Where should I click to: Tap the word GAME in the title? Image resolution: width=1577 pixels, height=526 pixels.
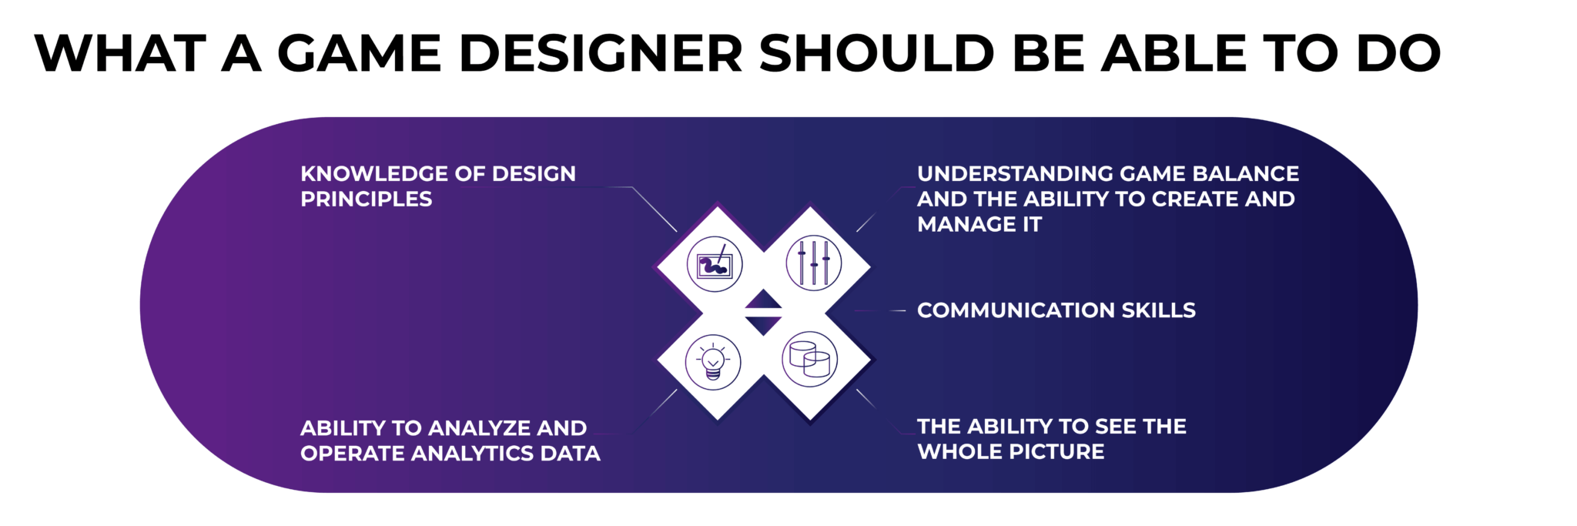[359, 53]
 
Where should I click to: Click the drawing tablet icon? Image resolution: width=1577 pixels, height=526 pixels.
[715, 264]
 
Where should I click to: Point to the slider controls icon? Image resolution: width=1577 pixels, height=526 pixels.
[813, 263]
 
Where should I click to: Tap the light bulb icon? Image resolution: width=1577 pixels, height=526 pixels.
[713, 362]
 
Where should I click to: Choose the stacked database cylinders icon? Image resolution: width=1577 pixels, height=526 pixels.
[810, 359]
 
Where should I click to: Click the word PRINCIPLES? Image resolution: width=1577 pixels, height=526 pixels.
[367, 199]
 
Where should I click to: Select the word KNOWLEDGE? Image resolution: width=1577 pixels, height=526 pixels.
[374, 173]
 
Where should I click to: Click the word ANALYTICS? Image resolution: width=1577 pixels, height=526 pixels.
[472, 453]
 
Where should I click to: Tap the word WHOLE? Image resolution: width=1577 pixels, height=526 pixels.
[953, 451]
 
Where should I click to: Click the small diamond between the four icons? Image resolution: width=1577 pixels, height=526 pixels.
[763, 312]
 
